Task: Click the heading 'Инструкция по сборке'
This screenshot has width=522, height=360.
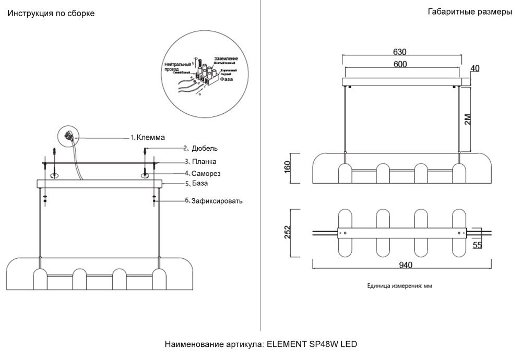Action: (51, 14)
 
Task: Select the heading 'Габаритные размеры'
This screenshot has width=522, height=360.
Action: (470, 12)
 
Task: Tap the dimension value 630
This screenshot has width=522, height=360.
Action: (400, 52)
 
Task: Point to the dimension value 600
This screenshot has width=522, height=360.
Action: (400, 64)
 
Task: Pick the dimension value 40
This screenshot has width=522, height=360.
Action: (475, 68)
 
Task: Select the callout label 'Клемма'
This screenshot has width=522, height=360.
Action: (150, 138)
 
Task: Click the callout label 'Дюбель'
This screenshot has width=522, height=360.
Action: (200, 148)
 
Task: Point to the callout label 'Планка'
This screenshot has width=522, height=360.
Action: (204, 162)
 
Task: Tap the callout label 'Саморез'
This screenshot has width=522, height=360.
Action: (206, 173)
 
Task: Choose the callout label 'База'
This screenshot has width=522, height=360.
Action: (200, 184)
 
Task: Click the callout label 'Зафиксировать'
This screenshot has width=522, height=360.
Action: (217, 200)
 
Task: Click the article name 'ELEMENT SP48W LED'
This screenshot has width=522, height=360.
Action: (312, 344)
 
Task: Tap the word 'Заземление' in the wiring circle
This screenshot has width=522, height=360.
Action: (226, 59)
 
